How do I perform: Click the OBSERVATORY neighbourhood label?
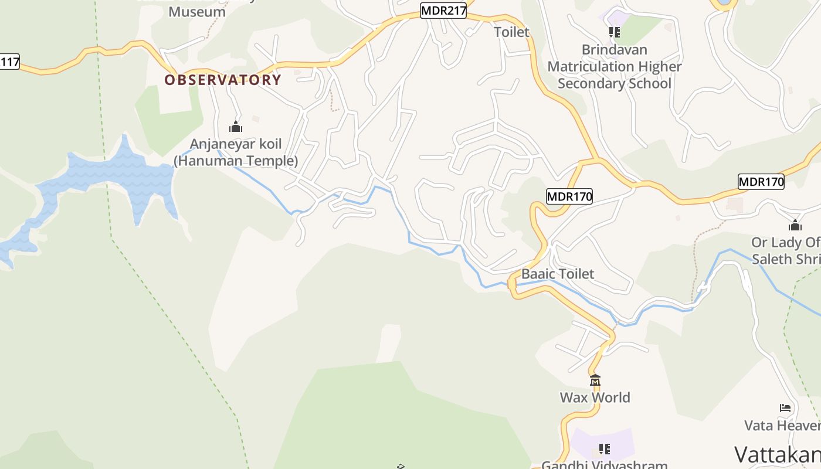(x=223, y=80)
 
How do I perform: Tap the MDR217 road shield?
(x=443, y=11)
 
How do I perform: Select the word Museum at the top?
(x=197, y=12)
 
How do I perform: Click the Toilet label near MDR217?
(x=511, y=32)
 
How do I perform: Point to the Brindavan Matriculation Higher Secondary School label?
(x=615, y=66)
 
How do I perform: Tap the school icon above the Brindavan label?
(x=614, y=32)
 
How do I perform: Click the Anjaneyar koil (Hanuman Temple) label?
(x=236, y=152)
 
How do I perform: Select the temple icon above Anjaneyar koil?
(x=236, y=127)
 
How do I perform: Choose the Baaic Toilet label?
(x=558, y=274)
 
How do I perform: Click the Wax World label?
(x=595, y=397)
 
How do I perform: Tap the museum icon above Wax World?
(x=595, y=380)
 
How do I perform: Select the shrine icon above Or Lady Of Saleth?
(x=795, y=225)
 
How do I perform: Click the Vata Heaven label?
(x=782, y=425)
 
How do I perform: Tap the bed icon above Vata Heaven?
(x=785, y=408)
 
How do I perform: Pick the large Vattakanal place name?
(x=778, y=454)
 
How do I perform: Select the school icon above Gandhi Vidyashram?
(x=604, y=449)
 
